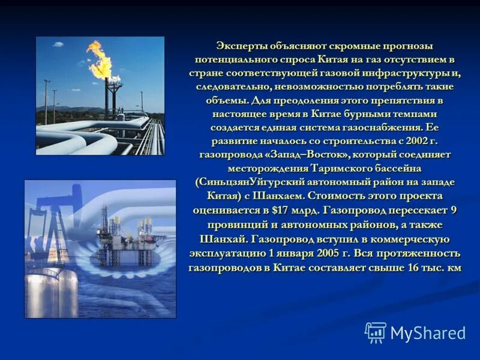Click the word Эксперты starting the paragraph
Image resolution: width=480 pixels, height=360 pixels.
pyautogui.click(x=238, y=46)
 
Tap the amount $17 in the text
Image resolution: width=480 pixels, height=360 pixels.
pyautogui.click(x=279, y=209)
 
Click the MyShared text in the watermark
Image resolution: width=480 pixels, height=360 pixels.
pyautogui.click(x=427, y=333)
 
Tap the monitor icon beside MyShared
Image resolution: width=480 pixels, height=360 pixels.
pyautogui.click(x=376, y=332)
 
